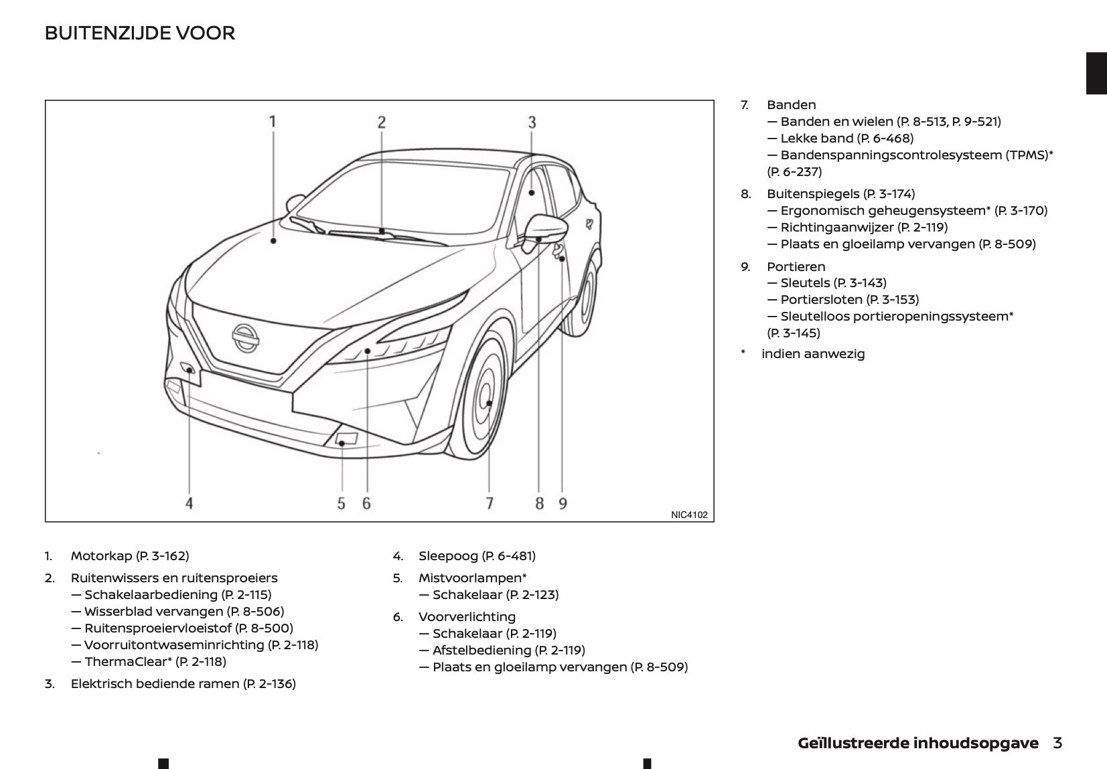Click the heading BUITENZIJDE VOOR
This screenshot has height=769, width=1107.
tap(139, 33)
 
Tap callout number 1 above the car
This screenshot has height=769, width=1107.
tap(273, 122)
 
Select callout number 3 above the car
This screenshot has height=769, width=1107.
tap(532, 122)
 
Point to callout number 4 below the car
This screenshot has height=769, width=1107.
tap(190, 503)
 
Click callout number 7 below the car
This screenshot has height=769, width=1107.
tap(490, 503)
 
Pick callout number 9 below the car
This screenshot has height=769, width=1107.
tap(563, 503)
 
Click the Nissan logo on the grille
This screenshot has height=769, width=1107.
tap(245, 338)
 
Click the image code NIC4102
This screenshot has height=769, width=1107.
tap(688, 515)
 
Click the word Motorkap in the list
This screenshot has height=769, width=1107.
tap(101, 556)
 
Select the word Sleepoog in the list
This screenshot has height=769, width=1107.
tap(448, 556)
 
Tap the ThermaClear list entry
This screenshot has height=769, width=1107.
tap(155, 662)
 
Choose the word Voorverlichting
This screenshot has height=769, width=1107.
tap(467, 617)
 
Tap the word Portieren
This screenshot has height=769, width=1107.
tap(796, 266)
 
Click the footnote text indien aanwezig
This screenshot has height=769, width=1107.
tap(813, 354)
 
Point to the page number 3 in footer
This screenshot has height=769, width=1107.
tap(1057, 743)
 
